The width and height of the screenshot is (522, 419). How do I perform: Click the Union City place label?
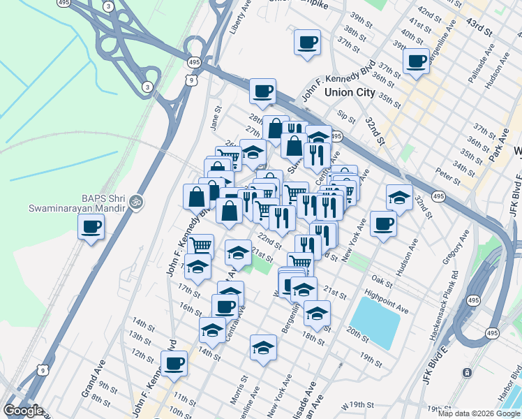pyautogui.click(x=347, y=92)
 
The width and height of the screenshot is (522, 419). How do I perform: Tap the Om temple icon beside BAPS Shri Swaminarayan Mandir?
pyautogui.click(x=136, y=203)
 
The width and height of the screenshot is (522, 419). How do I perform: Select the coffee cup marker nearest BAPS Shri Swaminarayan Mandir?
pyautogui.click(x=91, y=226)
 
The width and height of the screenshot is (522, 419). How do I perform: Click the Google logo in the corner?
pyautogui.click(x=23, y=411)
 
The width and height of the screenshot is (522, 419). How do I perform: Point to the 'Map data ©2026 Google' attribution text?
pyautogui.click(x=479, y=413)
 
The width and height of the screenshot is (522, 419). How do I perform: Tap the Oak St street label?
pyautogui.click(x=378, y=279)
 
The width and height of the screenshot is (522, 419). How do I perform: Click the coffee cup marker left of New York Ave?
pyautogui.click(x=383, y=223)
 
